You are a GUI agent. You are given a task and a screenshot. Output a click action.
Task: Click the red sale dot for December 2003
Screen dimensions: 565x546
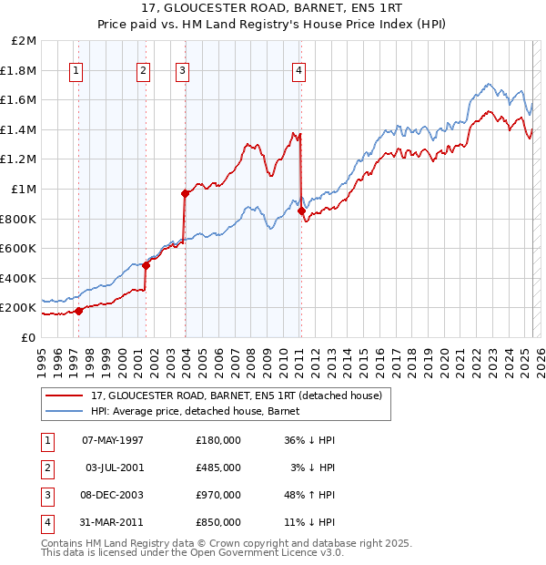pyautogui.click(x=185, y=193)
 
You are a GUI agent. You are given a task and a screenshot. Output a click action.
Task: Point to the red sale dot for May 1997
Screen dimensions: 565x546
pyautogui.click(x=78, y=311)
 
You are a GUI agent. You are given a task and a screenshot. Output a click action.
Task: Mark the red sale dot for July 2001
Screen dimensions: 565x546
pyautogui.click(x=146, y=265)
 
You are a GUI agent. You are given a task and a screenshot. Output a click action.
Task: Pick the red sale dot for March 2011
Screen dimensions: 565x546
pyautogui.click(x=301, y=211)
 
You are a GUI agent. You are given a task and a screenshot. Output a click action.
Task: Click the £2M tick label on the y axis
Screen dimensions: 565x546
pyautogui.click(x=24, y=41)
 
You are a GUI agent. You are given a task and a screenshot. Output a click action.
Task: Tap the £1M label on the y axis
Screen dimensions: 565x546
pyautogui.click(x=24, y=189)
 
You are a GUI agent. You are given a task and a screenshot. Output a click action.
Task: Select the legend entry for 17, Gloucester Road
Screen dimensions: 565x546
pyautogui.click(x=240, y=395)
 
